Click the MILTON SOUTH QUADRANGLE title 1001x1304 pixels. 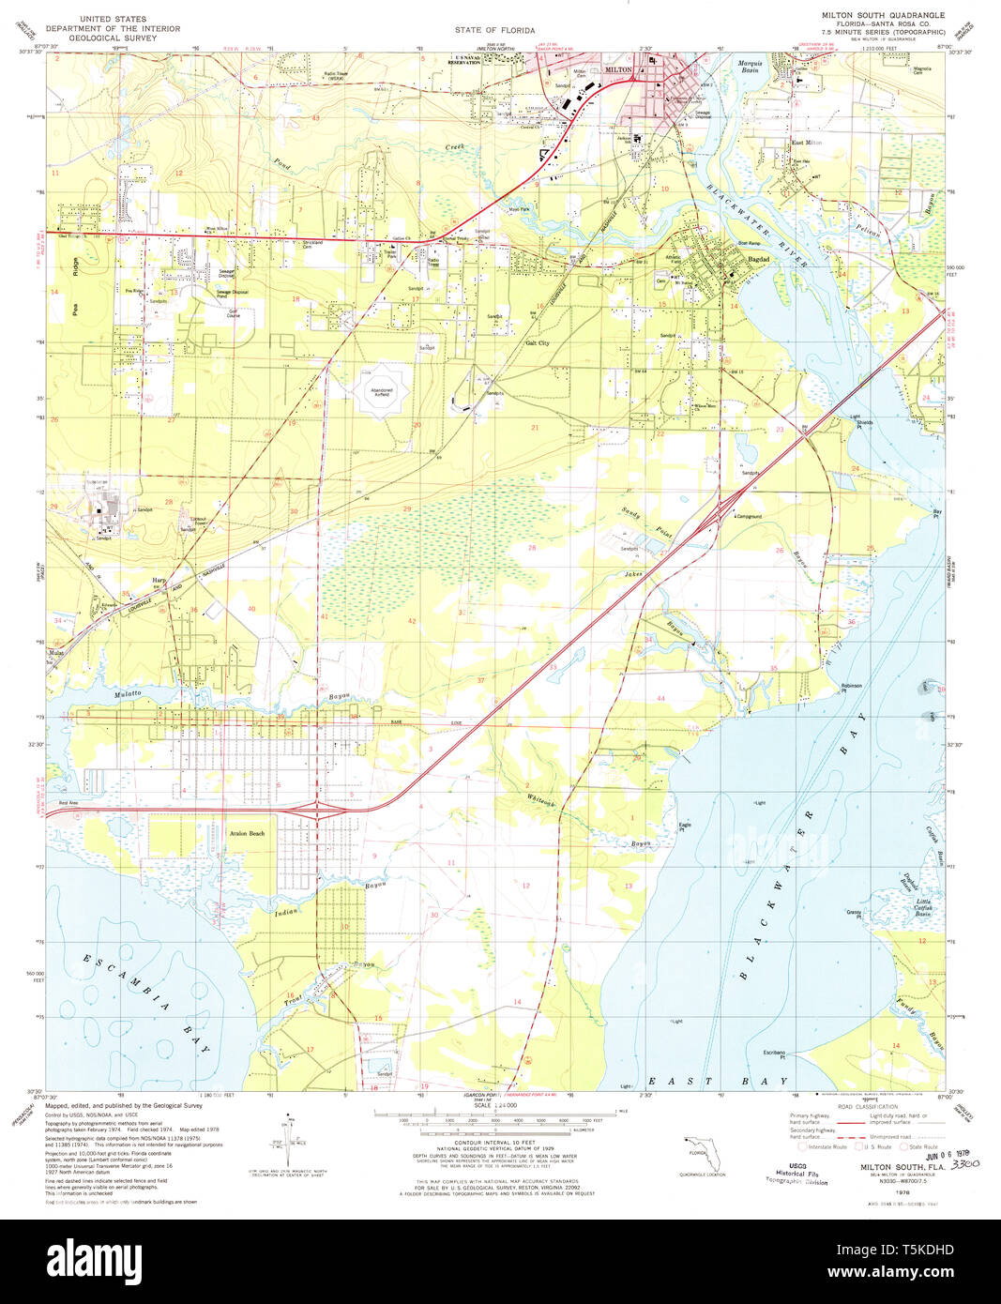point(883,16)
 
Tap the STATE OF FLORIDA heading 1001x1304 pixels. point(494,30)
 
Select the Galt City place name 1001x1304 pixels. point(537,343)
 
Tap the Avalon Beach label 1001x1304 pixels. point(247,833)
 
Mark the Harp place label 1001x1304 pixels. point(159,581)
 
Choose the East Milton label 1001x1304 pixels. point(806,143)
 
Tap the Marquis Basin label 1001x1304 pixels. point(750,66)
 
